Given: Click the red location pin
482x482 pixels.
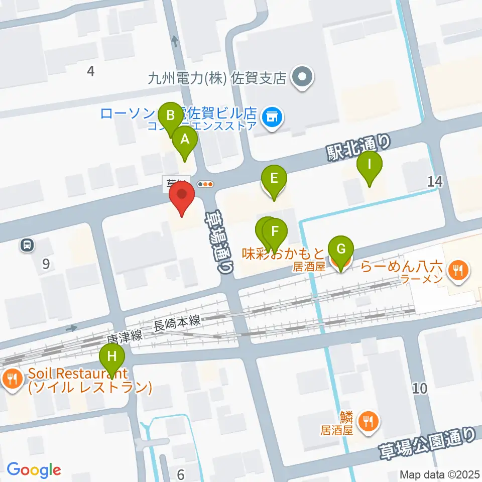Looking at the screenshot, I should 182,198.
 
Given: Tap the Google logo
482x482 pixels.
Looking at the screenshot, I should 34,470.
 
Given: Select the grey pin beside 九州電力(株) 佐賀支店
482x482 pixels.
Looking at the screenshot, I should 303,78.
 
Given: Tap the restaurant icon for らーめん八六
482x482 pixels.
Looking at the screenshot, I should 458,271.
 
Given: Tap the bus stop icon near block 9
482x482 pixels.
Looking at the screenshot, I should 27,245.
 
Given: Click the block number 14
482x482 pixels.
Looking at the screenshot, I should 435,182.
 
